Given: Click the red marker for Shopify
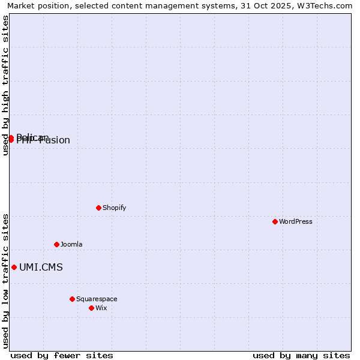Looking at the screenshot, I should pyautogui.click(x=98, y=208).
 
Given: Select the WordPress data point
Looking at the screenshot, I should pyautogui.click(x=275, y=221).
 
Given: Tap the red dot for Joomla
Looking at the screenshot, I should pyautogui.click(x=56, y=244).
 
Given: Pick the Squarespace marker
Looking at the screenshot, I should pyautogui.click(x=72, y=299).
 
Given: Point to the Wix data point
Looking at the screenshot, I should pyautogui.click(x=91, y=308).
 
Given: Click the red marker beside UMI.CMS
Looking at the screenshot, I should pyautogui.click(x=14, y=267).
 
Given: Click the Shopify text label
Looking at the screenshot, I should pyautogui.click(x=114, y=208).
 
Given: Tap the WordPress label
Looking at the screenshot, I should pyautogui.click(x=296, y=221).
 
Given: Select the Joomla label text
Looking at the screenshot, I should pyautogui.click(x=71, y=244).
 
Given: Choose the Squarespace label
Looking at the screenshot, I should pyautogui.click(x=97, y=299).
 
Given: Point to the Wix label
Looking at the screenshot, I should pyautogui.click(x=101, y=308).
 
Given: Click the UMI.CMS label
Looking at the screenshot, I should pyautogui.click(x=41, y=268).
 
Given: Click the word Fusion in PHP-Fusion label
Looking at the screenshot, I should pyautogui.click(x=55, y=141).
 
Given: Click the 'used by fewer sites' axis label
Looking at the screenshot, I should pyautogui.click(x=62, y=355).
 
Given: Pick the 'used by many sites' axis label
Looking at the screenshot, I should pyautogui.click(x=301, y=355).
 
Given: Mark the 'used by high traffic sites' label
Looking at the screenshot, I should pyautogui.click(x=6, y=85).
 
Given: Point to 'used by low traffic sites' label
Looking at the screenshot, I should pyautogui.click(x=6, y=280).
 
